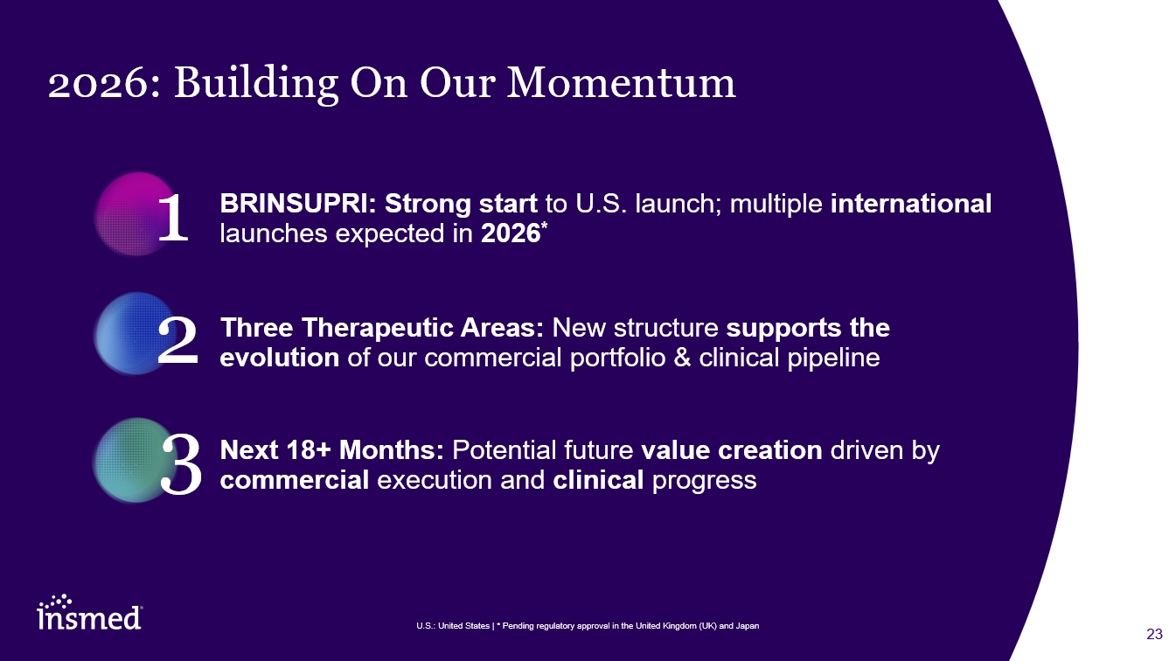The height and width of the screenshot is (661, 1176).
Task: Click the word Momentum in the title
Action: point(621,82)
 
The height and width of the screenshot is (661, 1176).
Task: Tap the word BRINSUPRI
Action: point(297,203)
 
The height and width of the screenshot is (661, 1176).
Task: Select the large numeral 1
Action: point(173,218)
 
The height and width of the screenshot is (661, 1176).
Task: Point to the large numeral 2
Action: point(178,341)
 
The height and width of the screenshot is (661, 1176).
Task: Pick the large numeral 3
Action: point(181,464)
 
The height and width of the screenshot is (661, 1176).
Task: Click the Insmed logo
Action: point(90,612)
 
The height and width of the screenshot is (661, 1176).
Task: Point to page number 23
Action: point(1154,634)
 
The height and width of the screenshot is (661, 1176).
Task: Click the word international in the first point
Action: point(911,203)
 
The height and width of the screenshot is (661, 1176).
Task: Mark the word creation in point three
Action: point(770,450)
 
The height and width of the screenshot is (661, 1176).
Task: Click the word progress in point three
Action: point(704,481)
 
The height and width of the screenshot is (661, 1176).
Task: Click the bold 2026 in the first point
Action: point(511,233)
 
